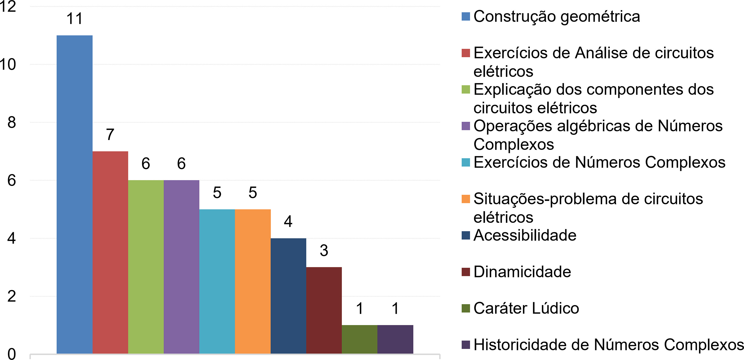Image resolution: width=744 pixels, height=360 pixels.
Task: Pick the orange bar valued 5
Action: tap(253, 281)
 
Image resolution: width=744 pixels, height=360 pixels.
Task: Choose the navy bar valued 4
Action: tap(288, 296)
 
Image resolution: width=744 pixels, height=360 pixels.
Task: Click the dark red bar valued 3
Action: tap(324, 310)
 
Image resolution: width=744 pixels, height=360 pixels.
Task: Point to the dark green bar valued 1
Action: tap(360, 339)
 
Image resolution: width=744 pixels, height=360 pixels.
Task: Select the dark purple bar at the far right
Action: tap(395, 339)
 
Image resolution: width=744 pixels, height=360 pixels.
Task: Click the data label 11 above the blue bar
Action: tap(74, 18)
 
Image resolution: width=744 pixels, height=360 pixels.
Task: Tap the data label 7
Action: tap(110, 134)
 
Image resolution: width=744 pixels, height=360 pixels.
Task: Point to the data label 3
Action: tap(324, 250)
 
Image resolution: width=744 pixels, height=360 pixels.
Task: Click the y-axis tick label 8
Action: tap(12, 122)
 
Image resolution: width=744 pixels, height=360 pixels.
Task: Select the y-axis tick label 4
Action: tap(12, 239)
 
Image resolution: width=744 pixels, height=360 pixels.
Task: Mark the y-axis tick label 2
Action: tap(12, 296)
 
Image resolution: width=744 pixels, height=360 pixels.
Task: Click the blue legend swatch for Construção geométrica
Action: tap(466, 17)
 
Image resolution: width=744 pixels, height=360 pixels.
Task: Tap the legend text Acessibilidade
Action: tap(525, 235)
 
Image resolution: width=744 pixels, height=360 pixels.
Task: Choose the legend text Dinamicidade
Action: tap(522, 272)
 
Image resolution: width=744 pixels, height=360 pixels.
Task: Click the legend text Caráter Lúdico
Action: tap(526, 308)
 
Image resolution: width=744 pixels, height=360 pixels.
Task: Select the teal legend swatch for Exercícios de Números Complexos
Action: tap(466, 162)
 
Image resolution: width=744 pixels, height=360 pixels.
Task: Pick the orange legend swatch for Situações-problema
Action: tap(466, 199)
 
